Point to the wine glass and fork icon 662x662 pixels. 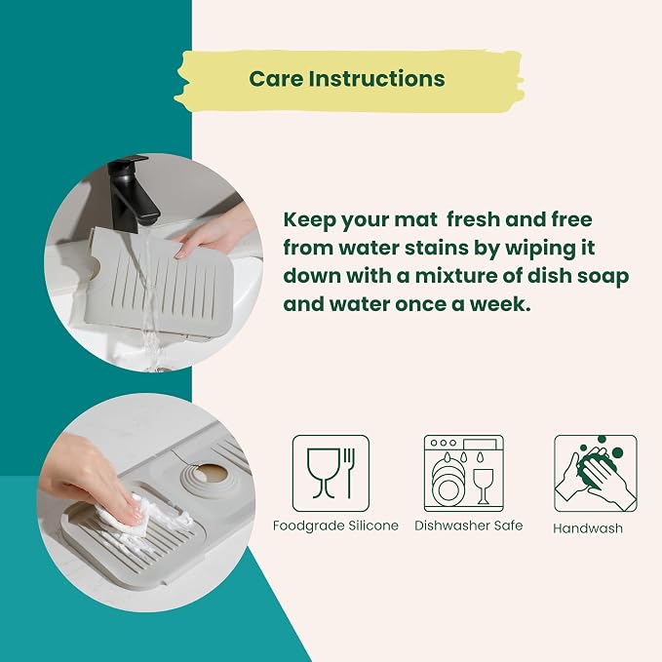(331, 473)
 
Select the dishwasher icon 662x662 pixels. (463, 473)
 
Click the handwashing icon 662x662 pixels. (596, 473)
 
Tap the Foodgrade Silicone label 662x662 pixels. (335, 526)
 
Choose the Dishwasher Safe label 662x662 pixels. (469, 526)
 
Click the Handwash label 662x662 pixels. (588, 528)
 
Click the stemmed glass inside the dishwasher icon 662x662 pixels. (483, 486)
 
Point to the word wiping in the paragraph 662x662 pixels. (537, 249)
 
